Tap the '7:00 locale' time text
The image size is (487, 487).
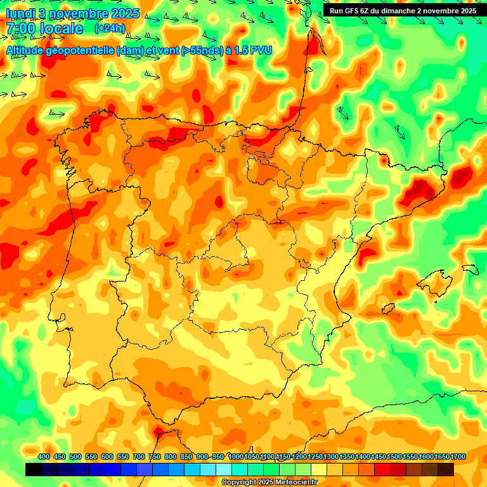44,29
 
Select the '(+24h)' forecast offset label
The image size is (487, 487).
110,28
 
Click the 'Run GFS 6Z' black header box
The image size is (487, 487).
403,10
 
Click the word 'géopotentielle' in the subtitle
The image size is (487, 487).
79,50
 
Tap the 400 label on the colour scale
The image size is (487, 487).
44,457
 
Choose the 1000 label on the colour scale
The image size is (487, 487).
236,457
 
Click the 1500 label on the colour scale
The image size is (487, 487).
394,457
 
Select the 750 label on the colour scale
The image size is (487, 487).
155,457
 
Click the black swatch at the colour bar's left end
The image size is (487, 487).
34,469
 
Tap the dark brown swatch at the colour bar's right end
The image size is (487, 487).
446,469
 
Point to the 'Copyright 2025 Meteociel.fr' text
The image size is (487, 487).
269,482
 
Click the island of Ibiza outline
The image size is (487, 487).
389,309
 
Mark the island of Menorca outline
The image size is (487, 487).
470,269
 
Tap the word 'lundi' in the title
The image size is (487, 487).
20,13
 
